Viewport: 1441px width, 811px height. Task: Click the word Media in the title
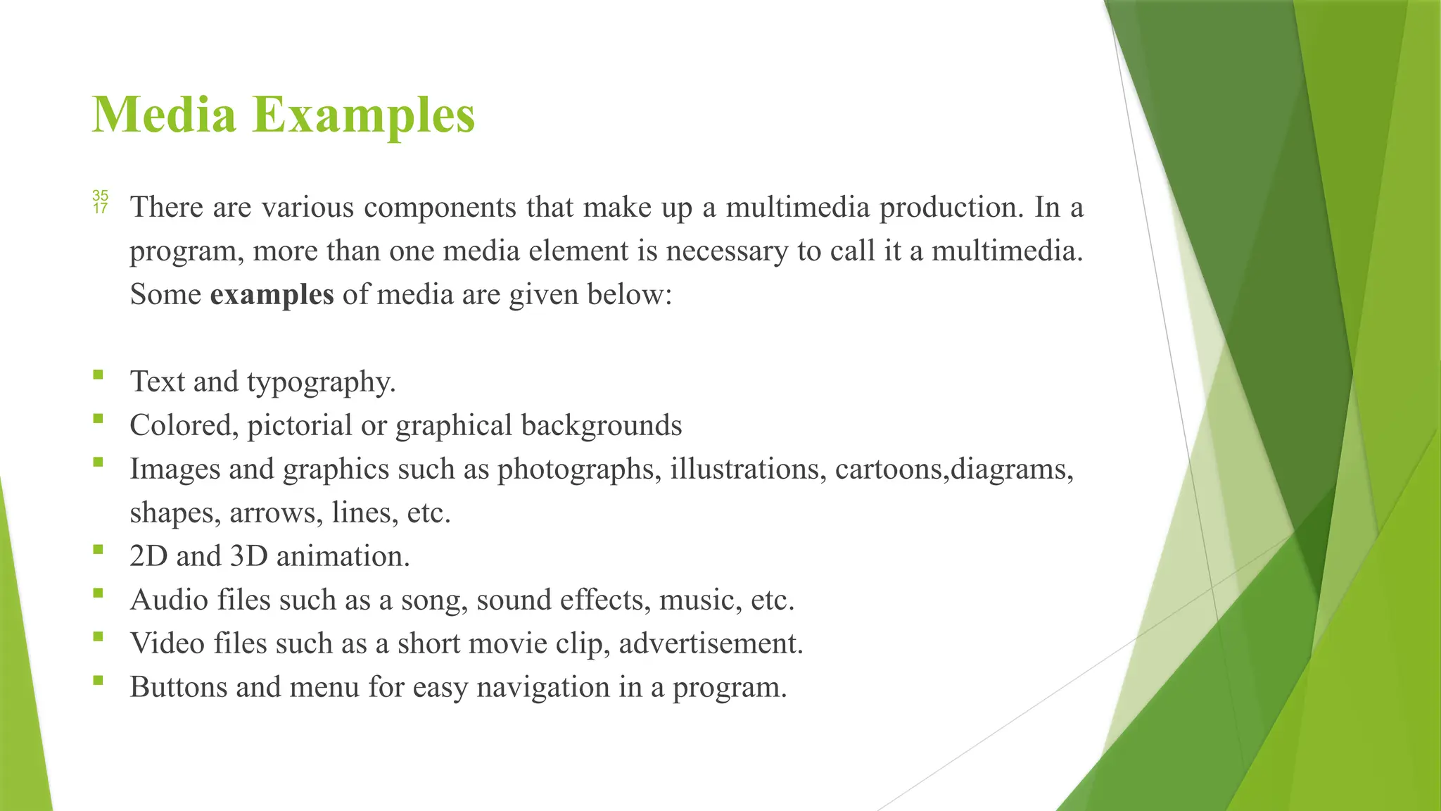tap(163, 115)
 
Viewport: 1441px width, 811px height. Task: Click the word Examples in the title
tap(364, 115)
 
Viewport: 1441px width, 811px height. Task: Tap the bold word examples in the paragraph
tap(272, 294)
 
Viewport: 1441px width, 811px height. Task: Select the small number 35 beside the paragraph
tap(100, 195)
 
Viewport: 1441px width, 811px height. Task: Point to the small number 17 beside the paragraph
tap(100, 208)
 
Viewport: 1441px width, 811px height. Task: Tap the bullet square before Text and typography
tap(97, 375)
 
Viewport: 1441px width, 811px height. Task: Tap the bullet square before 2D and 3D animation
tap(97, 549)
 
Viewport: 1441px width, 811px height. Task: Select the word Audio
tap(170, 601)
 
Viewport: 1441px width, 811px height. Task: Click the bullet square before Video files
tap(97, 636)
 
